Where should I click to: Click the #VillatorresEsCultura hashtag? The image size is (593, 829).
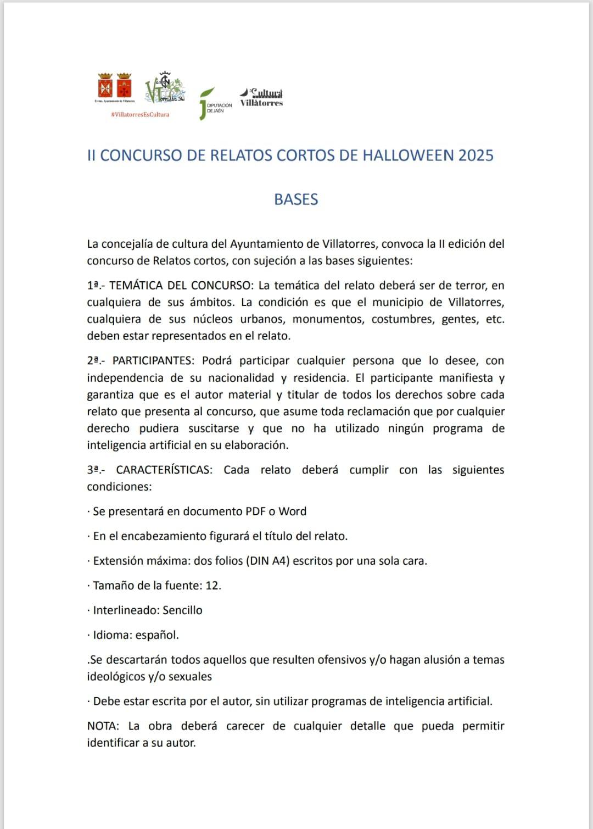(x=140, y=114)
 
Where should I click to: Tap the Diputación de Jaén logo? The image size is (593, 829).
(x=215, y=103)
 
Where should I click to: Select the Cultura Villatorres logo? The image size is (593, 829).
(x=261, y=97)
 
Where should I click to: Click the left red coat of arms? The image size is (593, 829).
(x=105, y=86)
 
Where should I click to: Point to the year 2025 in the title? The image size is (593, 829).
(x=475, y=155)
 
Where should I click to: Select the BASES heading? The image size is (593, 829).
(x=296, y=199)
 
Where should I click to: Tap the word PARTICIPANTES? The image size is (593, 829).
(x=153, y=360)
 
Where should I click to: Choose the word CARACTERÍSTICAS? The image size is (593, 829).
(x=164, y=470)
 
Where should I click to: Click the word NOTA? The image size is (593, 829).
(x=103, y=726)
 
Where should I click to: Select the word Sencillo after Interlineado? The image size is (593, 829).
(x=182, y=610)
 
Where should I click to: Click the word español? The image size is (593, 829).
(x=157, y=635)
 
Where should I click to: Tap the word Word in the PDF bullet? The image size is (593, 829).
(x=292, y=511)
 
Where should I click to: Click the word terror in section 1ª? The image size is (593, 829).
(x=471, y=285)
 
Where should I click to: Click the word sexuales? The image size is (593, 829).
(x=190, y=676)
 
